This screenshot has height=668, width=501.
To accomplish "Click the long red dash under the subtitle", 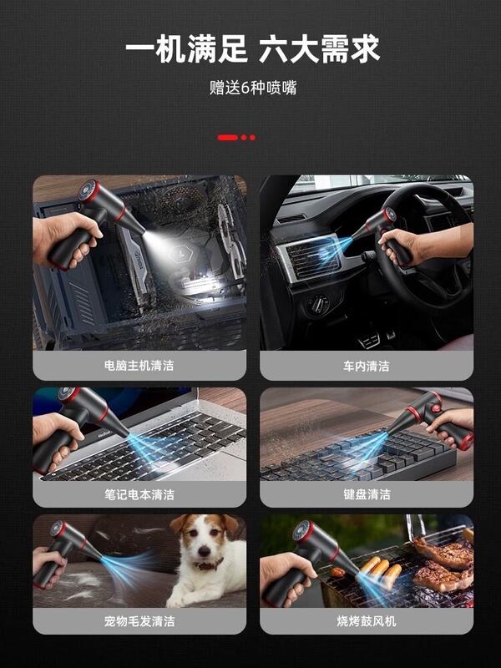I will coord(227,137).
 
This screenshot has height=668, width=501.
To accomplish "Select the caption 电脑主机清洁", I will coord(139,366).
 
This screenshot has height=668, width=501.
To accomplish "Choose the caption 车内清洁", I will coord(366,366).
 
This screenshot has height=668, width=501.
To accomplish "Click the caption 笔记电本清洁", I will coord(139,494).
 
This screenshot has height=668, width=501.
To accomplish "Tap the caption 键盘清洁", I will coord(366,494).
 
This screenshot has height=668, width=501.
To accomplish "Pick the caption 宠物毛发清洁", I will coord(139,621).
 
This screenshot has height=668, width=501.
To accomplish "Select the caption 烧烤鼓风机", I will coord(366,621).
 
